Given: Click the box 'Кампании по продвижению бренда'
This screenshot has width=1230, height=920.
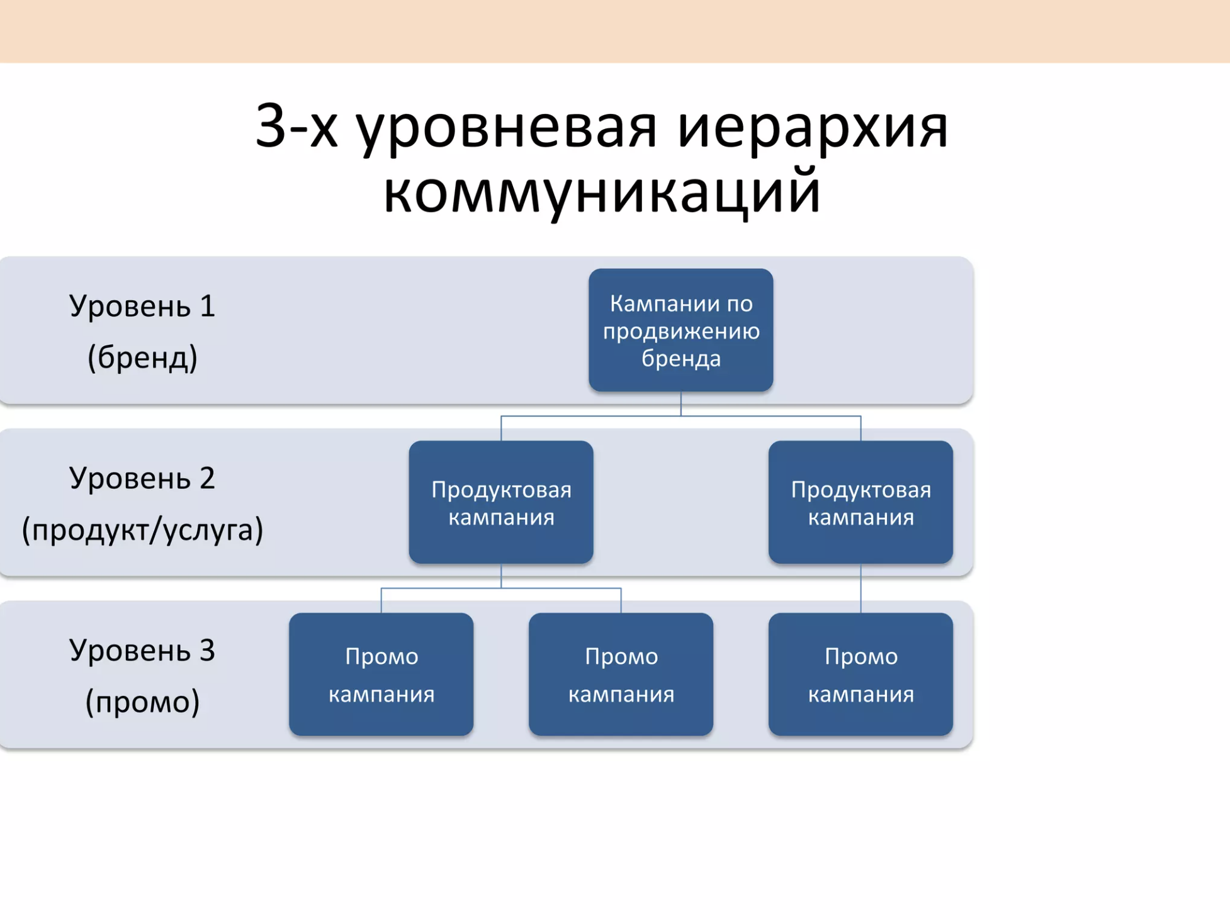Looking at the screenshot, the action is [x=680, y=330].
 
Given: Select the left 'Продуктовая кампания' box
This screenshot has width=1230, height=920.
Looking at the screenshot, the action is [x=501, y=502].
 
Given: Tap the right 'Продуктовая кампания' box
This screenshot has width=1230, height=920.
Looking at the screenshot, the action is [x=860, y=502].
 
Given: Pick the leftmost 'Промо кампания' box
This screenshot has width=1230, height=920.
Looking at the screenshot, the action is [x=381, y=675].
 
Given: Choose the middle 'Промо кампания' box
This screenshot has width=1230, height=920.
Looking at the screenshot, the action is [x=621, y=675].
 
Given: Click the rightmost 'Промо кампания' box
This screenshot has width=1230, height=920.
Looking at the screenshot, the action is [x=860, y=675].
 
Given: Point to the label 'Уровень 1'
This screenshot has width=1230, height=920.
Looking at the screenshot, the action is [x=142, y=306].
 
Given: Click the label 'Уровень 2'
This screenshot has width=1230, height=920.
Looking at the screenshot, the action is [x=142, y=478].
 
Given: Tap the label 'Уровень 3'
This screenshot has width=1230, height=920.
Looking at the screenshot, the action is [x=142, y=650].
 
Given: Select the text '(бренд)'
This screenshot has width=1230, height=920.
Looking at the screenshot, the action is [x=142, y=357].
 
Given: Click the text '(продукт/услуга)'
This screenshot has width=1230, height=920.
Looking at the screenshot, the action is [x=142, y=530].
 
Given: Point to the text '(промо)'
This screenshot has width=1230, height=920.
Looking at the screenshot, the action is [x=142, y=702].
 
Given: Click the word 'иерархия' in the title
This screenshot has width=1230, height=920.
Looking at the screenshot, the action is [x=813, y=128].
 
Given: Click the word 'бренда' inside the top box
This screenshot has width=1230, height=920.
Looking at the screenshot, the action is [x=681, y=359].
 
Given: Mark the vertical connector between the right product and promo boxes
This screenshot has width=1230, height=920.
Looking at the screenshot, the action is [x=860, y=588].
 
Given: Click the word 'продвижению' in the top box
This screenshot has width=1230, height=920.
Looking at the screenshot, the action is [x=681, y=332].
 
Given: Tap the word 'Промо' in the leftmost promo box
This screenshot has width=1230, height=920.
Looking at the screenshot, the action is [x=381, y=657].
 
